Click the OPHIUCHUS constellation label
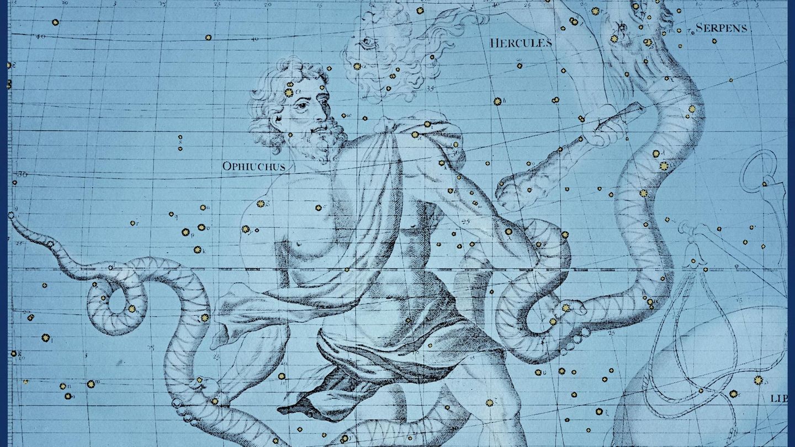(253, 166)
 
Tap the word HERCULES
(521, 42)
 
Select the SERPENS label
(721, 28)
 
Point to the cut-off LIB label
(778, 398)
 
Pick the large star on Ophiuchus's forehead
(289, 92)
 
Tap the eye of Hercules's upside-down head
(369, 42)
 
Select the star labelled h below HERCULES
(497, 102)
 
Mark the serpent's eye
(623, 26)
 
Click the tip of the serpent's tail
(10, 215)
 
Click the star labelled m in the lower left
(90, 383)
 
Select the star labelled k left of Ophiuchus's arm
(196, 249)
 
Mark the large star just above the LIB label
(758, 380)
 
